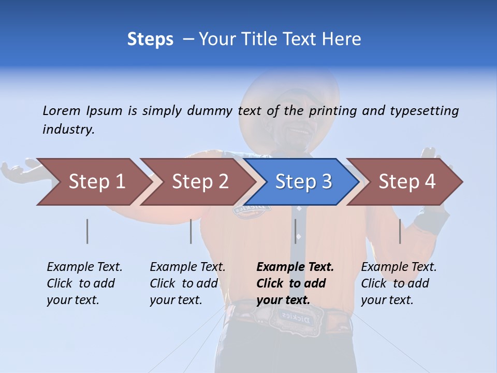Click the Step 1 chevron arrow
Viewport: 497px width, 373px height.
(x=93, y=182)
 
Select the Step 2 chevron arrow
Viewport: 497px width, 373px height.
(x=197, y=182)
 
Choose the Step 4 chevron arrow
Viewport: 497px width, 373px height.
(x=406, y=182)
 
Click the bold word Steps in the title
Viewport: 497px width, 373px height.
(x=150, y=39)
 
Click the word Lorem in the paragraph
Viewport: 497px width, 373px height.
(x=62, y=110)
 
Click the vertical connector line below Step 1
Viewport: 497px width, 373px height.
(x=87, y=231)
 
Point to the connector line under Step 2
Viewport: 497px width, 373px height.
(x=191, y=231)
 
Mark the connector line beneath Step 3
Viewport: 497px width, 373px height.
(x=295, y=231)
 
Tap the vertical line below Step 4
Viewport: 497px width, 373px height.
(x=400, y=231)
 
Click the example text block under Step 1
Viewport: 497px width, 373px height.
(x=84, y=283)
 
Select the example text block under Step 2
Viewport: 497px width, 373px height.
(x=187, y=283)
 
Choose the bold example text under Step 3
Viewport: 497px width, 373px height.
(x=295, y=283)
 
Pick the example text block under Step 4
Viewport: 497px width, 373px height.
(x=399, y=283)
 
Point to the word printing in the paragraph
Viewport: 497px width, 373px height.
(x=334, y=111)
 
